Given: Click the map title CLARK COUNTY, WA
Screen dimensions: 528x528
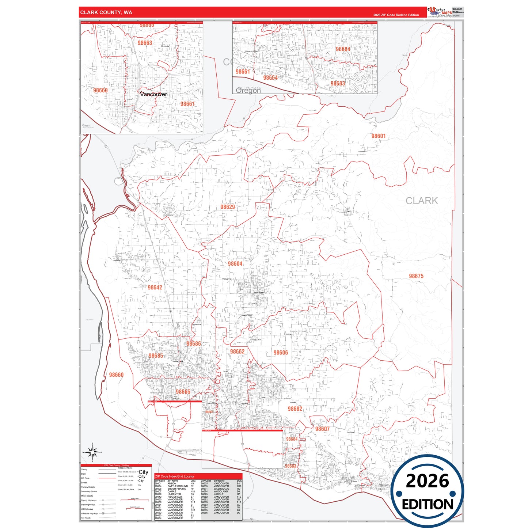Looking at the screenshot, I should click(x=106, y=12).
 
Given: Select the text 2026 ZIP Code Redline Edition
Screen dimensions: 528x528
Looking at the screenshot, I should click(x=396, y=15).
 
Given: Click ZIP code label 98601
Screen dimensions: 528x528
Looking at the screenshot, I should click(x=378, y=136).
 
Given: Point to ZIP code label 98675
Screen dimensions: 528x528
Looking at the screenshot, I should click(x=416, y=276).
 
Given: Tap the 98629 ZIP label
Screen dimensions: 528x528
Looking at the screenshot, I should click(x=227, y=207).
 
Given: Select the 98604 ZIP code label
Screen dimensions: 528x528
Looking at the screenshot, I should click(x=235, y=263).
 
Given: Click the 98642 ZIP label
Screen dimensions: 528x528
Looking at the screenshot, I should click(x=155, y=288).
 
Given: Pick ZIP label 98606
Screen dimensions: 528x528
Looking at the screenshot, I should click(x=281, y=353).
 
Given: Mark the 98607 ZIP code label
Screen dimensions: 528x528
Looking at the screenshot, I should click(x=322, y=429).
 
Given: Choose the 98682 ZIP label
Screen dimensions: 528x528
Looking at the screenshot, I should click(x=295, y=409).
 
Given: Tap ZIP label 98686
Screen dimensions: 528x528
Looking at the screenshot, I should click(x=194, y=343).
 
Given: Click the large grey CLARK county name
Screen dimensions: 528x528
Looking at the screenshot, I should click(x=421, y=201).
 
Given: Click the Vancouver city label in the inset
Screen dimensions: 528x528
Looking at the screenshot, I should click(x=153, y=94).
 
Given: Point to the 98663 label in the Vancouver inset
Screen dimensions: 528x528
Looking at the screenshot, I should click(x=145, y=43).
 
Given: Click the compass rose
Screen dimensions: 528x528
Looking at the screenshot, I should click(x=92, y=452).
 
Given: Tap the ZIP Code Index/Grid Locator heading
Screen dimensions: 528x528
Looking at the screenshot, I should click(x=174, y=476).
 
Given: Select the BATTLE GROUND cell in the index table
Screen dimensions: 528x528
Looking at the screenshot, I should click(x=177, y=486).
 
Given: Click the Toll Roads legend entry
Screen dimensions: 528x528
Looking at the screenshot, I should click(x=86, y=518).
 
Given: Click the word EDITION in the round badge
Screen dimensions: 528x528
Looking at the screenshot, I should click(x=427, y=505).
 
